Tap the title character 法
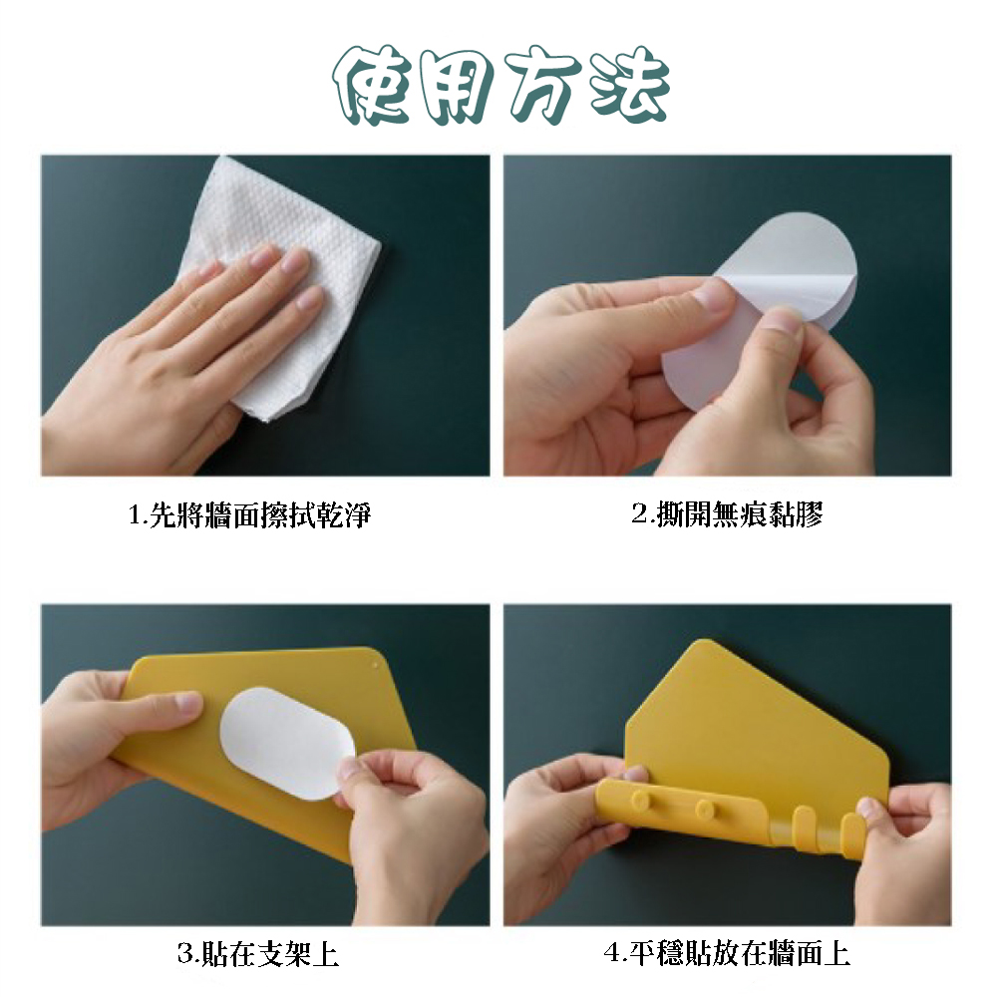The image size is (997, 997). tap(628, 85)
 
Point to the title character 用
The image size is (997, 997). tap(458, 86)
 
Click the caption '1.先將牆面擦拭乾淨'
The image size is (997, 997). tap(250, 514)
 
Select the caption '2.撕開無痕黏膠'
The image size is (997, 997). tap(728, 513)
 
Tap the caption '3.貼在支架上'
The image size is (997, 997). tap(257, 954)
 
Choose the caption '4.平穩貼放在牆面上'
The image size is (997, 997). tap(727, 954)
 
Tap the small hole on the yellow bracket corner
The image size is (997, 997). tap(375, 667)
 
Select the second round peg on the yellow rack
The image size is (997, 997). tap(704, 810)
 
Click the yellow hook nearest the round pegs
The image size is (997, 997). tap(805, 826)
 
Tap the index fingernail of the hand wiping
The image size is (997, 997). tap(261, 257)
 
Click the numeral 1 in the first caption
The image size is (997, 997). tap(135, 515)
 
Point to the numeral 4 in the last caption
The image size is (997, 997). tap(612, 954)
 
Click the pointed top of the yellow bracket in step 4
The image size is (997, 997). tap(703, 642)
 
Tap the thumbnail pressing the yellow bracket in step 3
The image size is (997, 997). tap(188, 703)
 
